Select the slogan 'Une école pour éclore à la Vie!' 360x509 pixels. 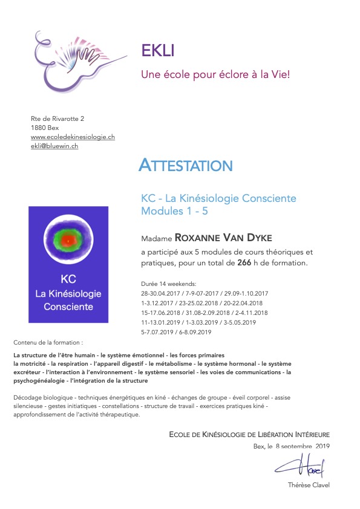pos(215,76)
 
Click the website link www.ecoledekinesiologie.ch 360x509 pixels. pos(73,137)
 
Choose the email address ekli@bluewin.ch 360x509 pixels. pos(54,146)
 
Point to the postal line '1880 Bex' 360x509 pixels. pos(45,128)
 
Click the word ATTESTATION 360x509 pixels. pos(185,164)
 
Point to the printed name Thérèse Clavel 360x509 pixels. pos(309,485)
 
